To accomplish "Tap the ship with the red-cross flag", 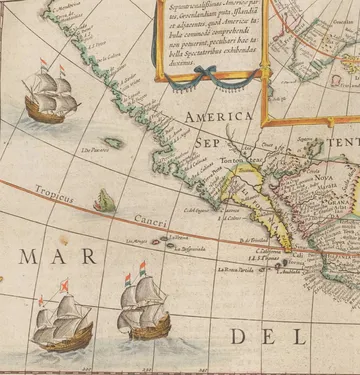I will [x=60, y=320].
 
